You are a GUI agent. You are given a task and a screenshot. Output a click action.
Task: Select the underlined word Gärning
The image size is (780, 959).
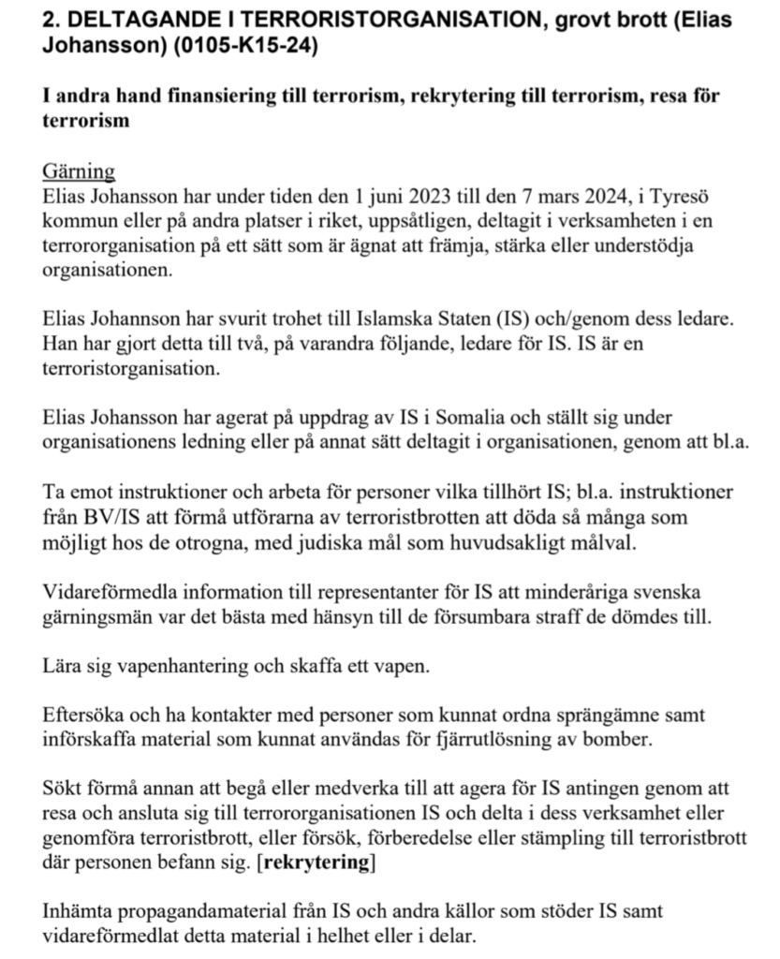coord(79,171)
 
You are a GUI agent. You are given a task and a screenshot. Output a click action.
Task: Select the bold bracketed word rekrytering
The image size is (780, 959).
coord(316,863)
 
